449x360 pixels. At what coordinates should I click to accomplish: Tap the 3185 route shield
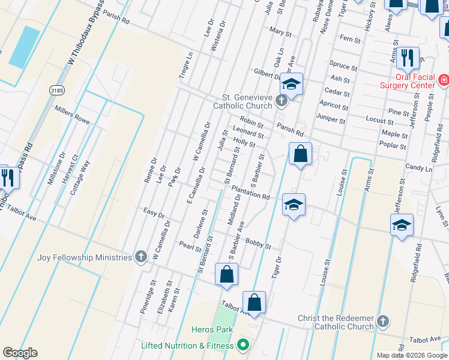click(x=56, y=89)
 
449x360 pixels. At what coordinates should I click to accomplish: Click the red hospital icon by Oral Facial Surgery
click(x=444, y=79)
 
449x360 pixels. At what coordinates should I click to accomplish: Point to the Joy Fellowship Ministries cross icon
click(x=141, y=257)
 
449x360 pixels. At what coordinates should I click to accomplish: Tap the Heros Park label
click(x=207, y=329)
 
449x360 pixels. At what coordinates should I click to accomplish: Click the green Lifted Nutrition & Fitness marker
click(x=243, y=345)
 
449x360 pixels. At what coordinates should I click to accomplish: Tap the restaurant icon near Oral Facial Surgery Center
click(x=408, y=58)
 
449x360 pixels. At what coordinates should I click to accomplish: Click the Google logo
click(x=20, y=353)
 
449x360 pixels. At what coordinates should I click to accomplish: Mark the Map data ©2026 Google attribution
click(x=411, y=355)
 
